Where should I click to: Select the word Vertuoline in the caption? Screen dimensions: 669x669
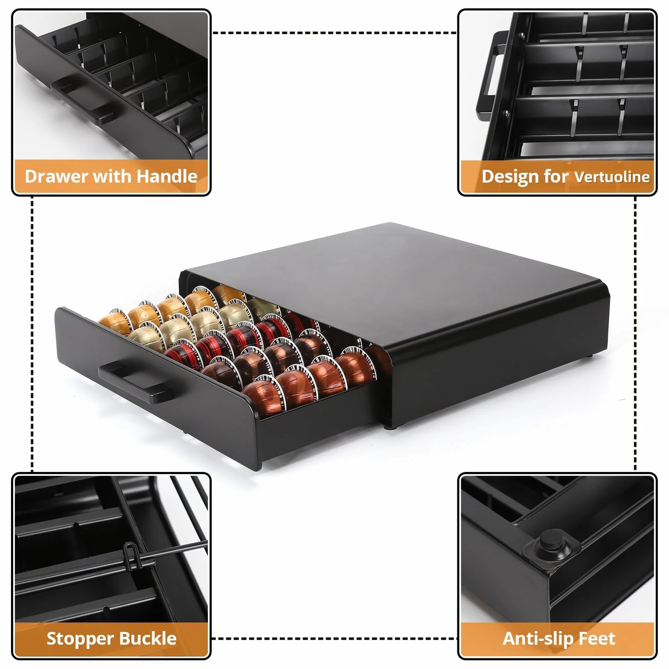pos(612,177)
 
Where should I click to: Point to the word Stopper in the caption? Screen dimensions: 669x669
pos(75,639)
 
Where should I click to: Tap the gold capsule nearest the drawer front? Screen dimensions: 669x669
pos(114,323)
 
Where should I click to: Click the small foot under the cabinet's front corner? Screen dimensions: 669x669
pos(389,425)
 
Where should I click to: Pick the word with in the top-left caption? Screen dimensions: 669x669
pos(112,176)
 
